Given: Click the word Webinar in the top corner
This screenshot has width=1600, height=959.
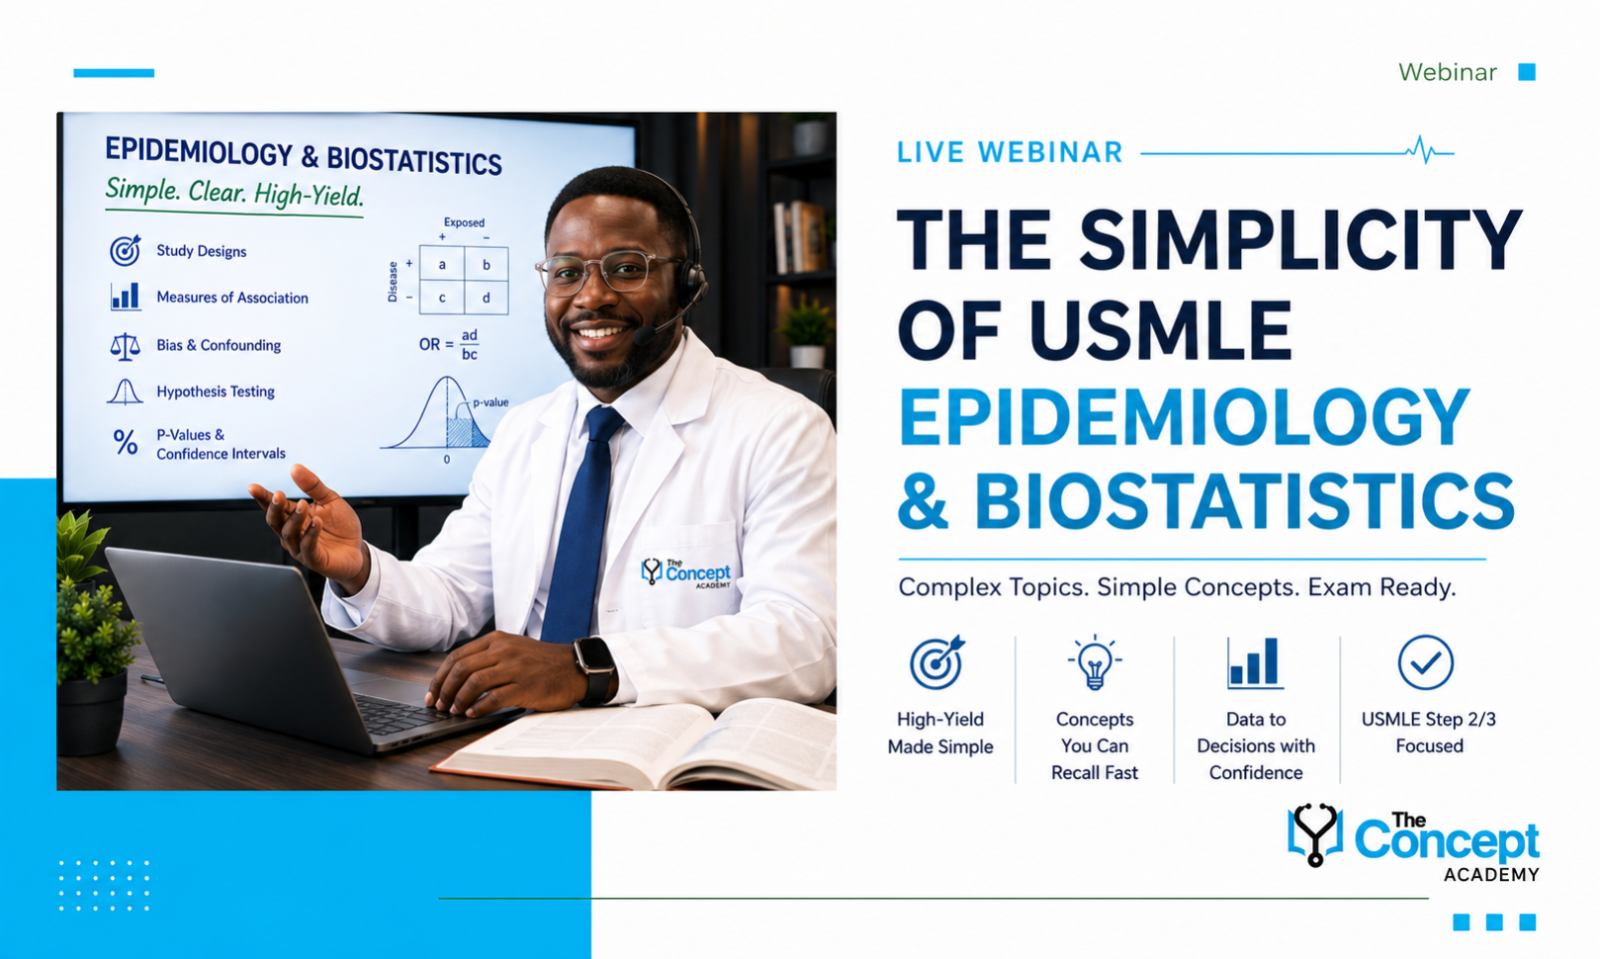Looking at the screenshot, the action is point(1447,72).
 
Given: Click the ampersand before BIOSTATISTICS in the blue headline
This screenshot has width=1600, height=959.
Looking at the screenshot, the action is point(923,500).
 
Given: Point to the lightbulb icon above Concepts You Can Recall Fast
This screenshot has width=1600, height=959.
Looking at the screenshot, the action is point(1095,662).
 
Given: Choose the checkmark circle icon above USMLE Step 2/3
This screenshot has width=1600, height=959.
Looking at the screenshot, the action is point(1425,662).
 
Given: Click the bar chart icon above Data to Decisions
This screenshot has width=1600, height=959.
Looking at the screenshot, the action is point(1255,663).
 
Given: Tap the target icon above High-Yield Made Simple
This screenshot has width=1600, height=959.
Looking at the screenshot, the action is point(936,662).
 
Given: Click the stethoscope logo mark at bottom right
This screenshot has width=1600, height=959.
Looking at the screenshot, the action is point(1314,834).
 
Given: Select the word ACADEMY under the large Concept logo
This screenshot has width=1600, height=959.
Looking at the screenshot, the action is point(1490,874).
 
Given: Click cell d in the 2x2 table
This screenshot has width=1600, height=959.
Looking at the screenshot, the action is point(486,298).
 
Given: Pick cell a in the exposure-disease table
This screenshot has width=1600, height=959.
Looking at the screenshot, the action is point(442,264).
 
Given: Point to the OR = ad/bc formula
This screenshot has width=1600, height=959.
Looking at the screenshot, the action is point(449,344).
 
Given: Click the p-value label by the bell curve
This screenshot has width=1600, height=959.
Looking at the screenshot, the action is point(490,402).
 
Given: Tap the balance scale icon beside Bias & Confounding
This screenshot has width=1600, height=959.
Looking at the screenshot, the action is point(125,346).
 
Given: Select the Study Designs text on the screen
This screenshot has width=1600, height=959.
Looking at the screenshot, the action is point(202,251).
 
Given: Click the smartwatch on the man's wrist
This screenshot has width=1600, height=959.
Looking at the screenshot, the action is point(595,670).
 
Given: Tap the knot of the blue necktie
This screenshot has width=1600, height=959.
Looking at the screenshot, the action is point(603,423).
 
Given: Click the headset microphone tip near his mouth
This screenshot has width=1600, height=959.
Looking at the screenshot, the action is point(644,335).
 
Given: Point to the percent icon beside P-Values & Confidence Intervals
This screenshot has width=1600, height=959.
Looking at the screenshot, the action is point(126,443).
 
